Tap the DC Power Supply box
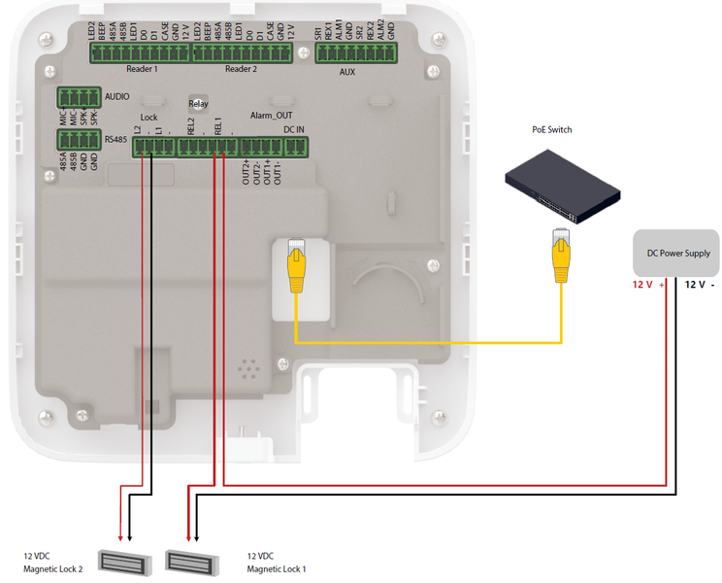coord(675,253)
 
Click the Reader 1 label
coord(143,70)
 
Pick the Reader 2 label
coord(241,70)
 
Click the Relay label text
coord(198,103)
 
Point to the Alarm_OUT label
coord(271,115)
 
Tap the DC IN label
coord(294,128)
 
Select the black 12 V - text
coord(701,285)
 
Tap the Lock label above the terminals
coord(149,117)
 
